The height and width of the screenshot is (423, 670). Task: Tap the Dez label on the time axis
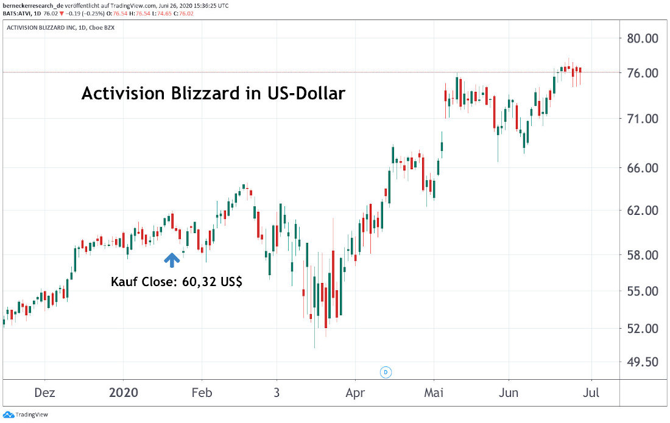tap(45, 393)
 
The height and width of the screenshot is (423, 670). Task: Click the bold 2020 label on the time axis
tap(124, 393)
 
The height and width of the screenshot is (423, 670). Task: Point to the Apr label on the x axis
tap(355, 393)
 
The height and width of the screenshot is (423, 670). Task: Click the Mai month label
tap(434, 393)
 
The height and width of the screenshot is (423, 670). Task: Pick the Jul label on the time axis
tap(591, 393)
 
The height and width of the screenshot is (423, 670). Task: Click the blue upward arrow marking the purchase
tap(172, 260)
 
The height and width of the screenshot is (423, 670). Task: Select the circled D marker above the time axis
tap(385, 371)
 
